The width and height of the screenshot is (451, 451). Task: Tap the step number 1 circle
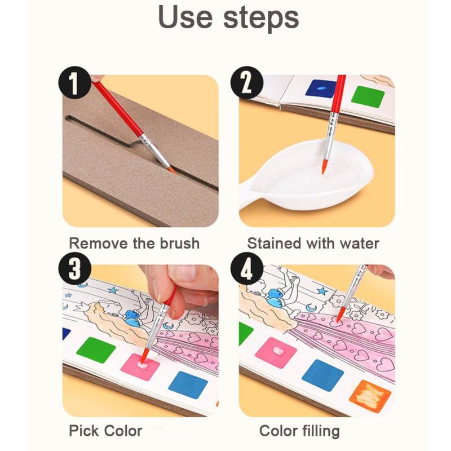(74, 84)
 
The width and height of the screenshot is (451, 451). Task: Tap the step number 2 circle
(247, 84)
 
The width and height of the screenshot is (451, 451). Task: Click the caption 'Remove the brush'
(134, 244)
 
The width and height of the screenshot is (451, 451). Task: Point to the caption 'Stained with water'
(313, 244)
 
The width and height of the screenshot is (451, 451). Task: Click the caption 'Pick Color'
(105, 431)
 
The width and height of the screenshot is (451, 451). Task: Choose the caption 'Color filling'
(299, 431)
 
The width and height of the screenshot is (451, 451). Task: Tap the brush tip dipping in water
(323, 167)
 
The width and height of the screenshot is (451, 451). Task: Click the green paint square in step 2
(368, 96)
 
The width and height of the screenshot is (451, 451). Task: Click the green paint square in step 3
(96, 350)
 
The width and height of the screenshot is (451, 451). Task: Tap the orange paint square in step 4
(370, 395)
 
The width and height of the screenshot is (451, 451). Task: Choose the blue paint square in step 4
(322, 374)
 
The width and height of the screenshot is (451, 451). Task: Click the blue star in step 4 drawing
(322, 291)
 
